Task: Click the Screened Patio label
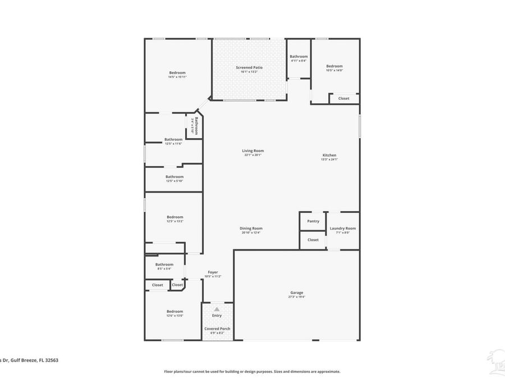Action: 249,67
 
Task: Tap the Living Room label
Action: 252,150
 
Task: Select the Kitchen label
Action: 329,155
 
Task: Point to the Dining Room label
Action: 251,229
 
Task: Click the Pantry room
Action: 313,221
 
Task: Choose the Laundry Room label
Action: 342,229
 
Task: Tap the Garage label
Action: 297,293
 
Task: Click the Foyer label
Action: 213,272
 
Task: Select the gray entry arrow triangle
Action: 217,309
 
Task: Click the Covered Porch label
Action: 217,329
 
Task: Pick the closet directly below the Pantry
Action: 313,240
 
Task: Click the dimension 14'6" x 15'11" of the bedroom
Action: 177,77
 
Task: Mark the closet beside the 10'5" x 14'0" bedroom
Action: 344,98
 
